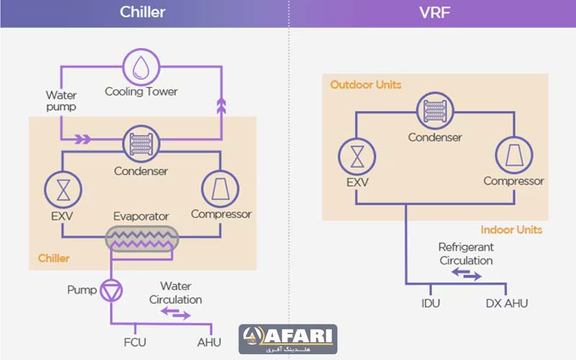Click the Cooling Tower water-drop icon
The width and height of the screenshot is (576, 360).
tap(140, 67)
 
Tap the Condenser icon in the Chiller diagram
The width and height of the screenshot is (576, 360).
tap(140, 143)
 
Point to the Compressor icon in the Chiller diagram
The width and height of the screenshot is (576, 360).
tap(220, 187)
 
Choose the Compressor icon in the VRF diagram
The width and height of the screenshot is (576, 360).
tap(513, 154)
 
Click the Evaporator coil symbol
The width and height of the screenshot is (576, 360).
tap(141, 238)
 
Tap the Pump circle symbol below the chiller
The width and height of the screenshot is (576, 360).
tap(112, 289)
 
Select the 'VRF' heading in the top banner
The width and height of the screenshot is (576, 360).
tap(433, 12)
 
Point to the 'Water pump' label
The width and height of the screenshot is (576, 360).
tap(61, 101)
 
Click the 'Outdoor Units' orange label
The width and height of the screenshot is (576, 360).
tap(366, 85)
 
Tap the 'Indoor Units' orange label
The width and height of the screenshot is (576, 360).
tap(511, 230)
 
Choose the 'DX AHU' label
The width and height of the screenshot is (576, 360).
tap(507, 303)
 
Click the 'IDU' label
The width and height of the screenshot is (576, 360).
tap(431, 303)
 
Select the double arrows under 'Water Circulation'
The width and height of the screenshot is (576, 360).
tap(175, 313)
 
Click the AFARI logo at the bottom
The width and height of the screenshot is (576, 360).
tap(288, 338)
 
